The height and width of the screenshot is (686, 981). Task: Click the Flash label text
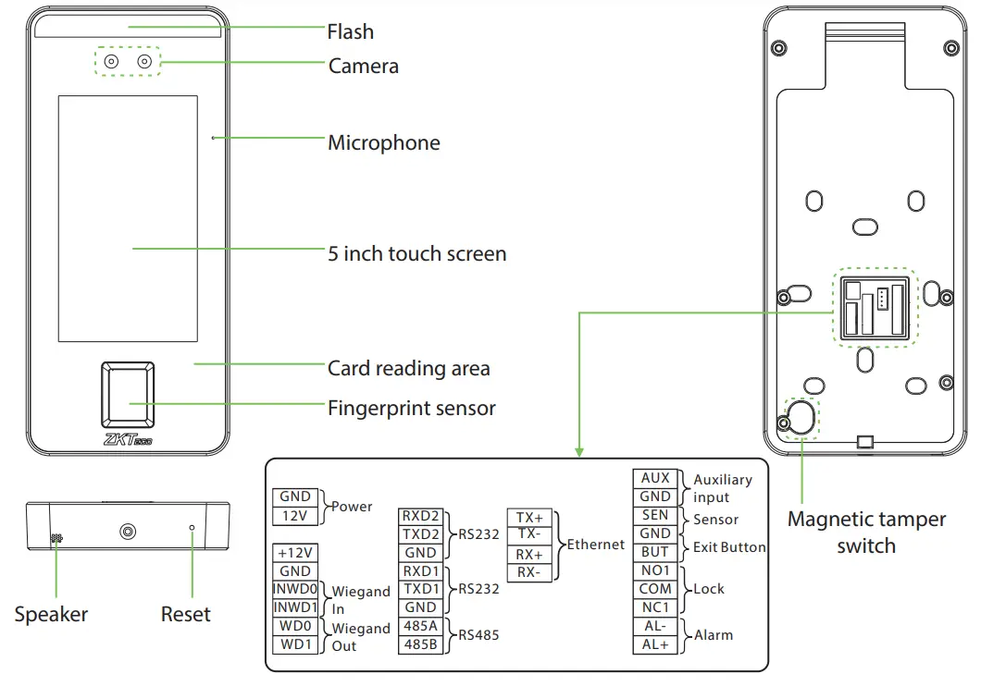pyautogui.click(x=351, y=31)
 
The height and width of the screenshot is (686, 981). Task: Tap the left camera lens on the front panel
pyautogui.click(x=111, y=62)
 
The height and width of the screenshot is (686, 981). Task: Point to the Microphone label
pyautogui.click(x=384, y=143)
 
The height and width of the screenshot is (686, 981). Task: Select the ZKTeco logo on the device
pyautogui.click(x=128, y=441)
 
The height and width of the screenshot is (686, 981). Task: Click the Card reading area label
pyautogui.click(x=409, y=369)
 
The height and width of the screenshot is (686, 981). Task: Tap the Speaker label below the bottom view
pyautogui.click(x=51, y=615)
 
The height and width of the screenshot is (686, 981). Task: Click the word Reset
pyautogui.click(x=186, y=615)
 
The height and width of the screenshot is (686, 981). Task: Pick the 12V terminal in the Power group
pyautogui.click(x=295, y=516)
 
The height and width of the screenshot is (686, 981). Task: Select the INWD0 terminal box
pyautogui.click(x=295, y=590)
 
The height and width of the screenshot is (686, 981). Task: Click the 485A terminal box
pyautogui.click(x=421, y=627)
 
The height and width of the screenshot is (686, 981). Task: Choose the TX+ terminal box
pyautogui.click(x=530, y=518)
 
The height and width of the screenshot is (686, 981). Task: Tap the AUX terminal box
pyautogui.click(x=655, y=478)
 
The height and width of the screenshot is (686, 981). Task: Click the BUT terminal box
pyautogui.click(x=655, y=552)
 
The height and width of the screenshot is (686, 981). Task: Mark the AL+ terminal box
pyautogui.click(x=655, y=644)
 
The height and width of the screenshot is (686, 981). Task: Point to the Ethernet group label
pyautogui.click(x=595, y=545)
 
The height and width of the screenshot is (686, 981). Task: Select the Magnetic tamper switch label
pyautogui.click(x=866, y=533)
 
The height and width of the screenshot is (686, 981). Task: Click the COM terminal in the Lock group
pyautogui.click(x=655, y=589)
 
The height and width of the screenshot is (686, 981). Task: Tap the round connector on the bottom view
pyautogui.click(x=128, y=532)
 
